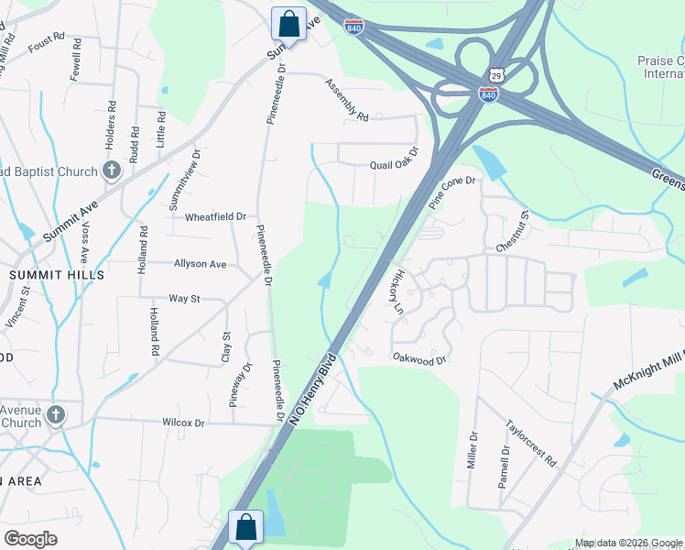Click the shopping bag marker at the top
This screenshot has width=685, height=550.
[x=288, y=24]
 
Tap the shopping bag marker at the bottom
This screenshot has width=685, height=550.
[x=245, y=528]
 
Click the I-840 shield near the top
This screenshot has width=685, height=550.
[x=354, y=27]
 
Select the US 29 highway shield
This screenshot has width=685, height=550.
[x=496, y=73]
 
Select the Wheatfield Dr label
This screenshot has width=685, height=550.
[x=216, y=217]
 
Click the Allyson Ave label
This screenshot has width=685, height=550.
[x=200, y=264]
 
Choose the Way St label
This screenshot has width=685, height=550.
[x=184, y=299]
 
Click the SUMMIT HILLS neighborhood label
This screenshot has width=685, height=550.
[x=57, y=275]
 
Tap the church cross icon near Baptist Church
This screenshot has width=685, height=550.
[x=112, y=170]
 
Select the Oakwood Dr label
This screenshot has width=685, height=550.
[x=419, y=359]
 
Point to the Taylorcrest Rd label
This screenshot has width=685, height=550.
[x=531, y=445]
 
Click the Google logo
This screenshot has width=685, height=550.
[x=30, y=538]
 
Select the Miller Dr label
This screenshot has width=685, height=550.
[x=473, y=449]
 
